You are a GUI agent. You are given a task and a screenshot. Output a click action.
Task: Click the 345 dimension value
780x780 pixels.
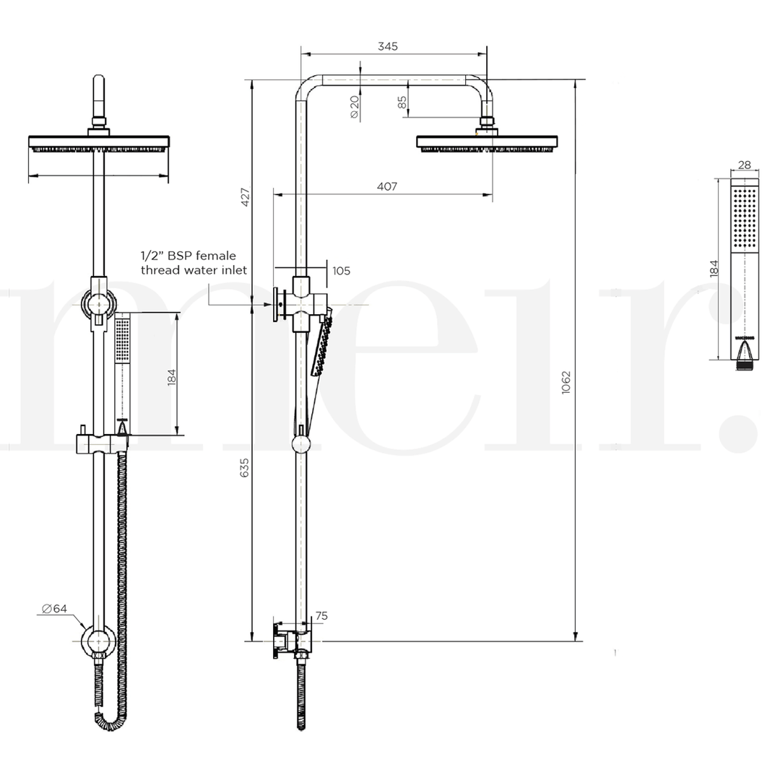pyautogui.click(x=388, y=46)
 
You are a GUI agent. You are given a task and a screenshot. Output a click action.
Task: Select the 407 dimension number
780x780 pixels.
pyautogui.click(x=387, y=186)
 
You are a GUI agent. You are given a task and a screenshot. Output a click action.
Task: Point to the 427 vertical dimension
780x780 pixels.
pyautogui.click(x=245, y=197)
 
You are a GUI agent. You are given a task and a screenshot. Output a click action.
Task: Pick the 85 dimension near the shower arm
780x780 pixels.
pyautogui.click(x=402, y=103)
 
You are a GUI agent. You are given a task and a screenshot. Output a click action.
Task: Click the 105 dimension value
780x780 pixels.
pyautogui.click(x=341, y=271)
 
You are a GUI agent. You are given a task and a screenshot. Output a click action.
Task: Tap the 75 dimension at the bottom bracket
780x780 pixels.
pyautogui.click(x=321, y=616)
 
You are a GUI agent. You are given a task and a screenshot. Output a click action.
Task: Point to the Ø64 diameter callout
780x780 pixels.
pyautogui.click(x=54, y=609)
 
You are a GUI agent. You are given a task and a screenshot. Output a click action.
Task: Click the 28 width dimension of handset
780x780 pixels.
pyautogui.click(x=745, y=165)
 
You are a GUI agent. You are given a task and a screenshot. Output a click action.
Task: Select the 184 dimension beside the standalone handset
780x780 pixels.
pyautogui.click(x=714, y=269)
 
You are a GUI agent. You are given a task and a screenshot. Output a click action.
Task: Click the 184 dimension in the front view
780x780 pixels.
pyautogui.click(x=171, y=377)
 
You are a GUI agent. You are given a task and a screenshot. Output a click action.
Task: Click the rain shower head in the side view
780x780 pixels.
pyautogui.click(x=487, y=142)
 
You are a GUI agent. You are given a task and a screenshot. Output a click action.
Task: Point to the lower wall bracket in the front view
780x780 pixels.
pyautogui.click(x=97, y=641)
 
